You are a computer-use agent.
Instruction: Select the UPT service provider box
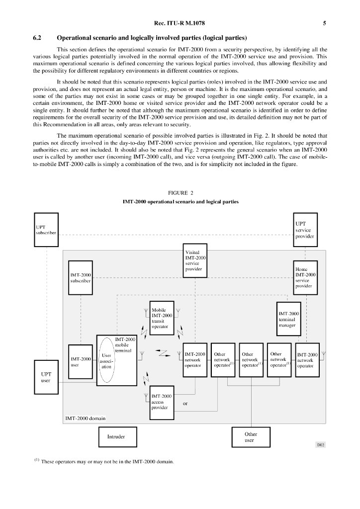tap(304, 230)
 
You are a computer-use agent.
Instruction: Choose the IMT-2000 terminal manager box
tap(289, 319)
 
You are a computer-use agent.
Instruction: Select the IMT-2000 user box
tap(81, 361)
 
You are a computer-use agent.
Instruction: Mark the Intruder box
tap(116, 437)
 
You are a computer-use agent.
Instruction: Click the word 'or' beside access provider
tap(185, 403)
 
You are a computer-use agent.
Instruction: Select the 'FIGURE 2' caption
tap(180, 192)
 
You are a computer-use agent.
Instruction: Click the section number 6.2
tap(38, 38)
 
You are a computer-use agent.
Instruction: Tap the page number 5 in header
tap(324, 23)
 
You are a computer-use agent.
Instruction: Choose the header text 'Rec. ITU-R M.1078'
tap(180, 23)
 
